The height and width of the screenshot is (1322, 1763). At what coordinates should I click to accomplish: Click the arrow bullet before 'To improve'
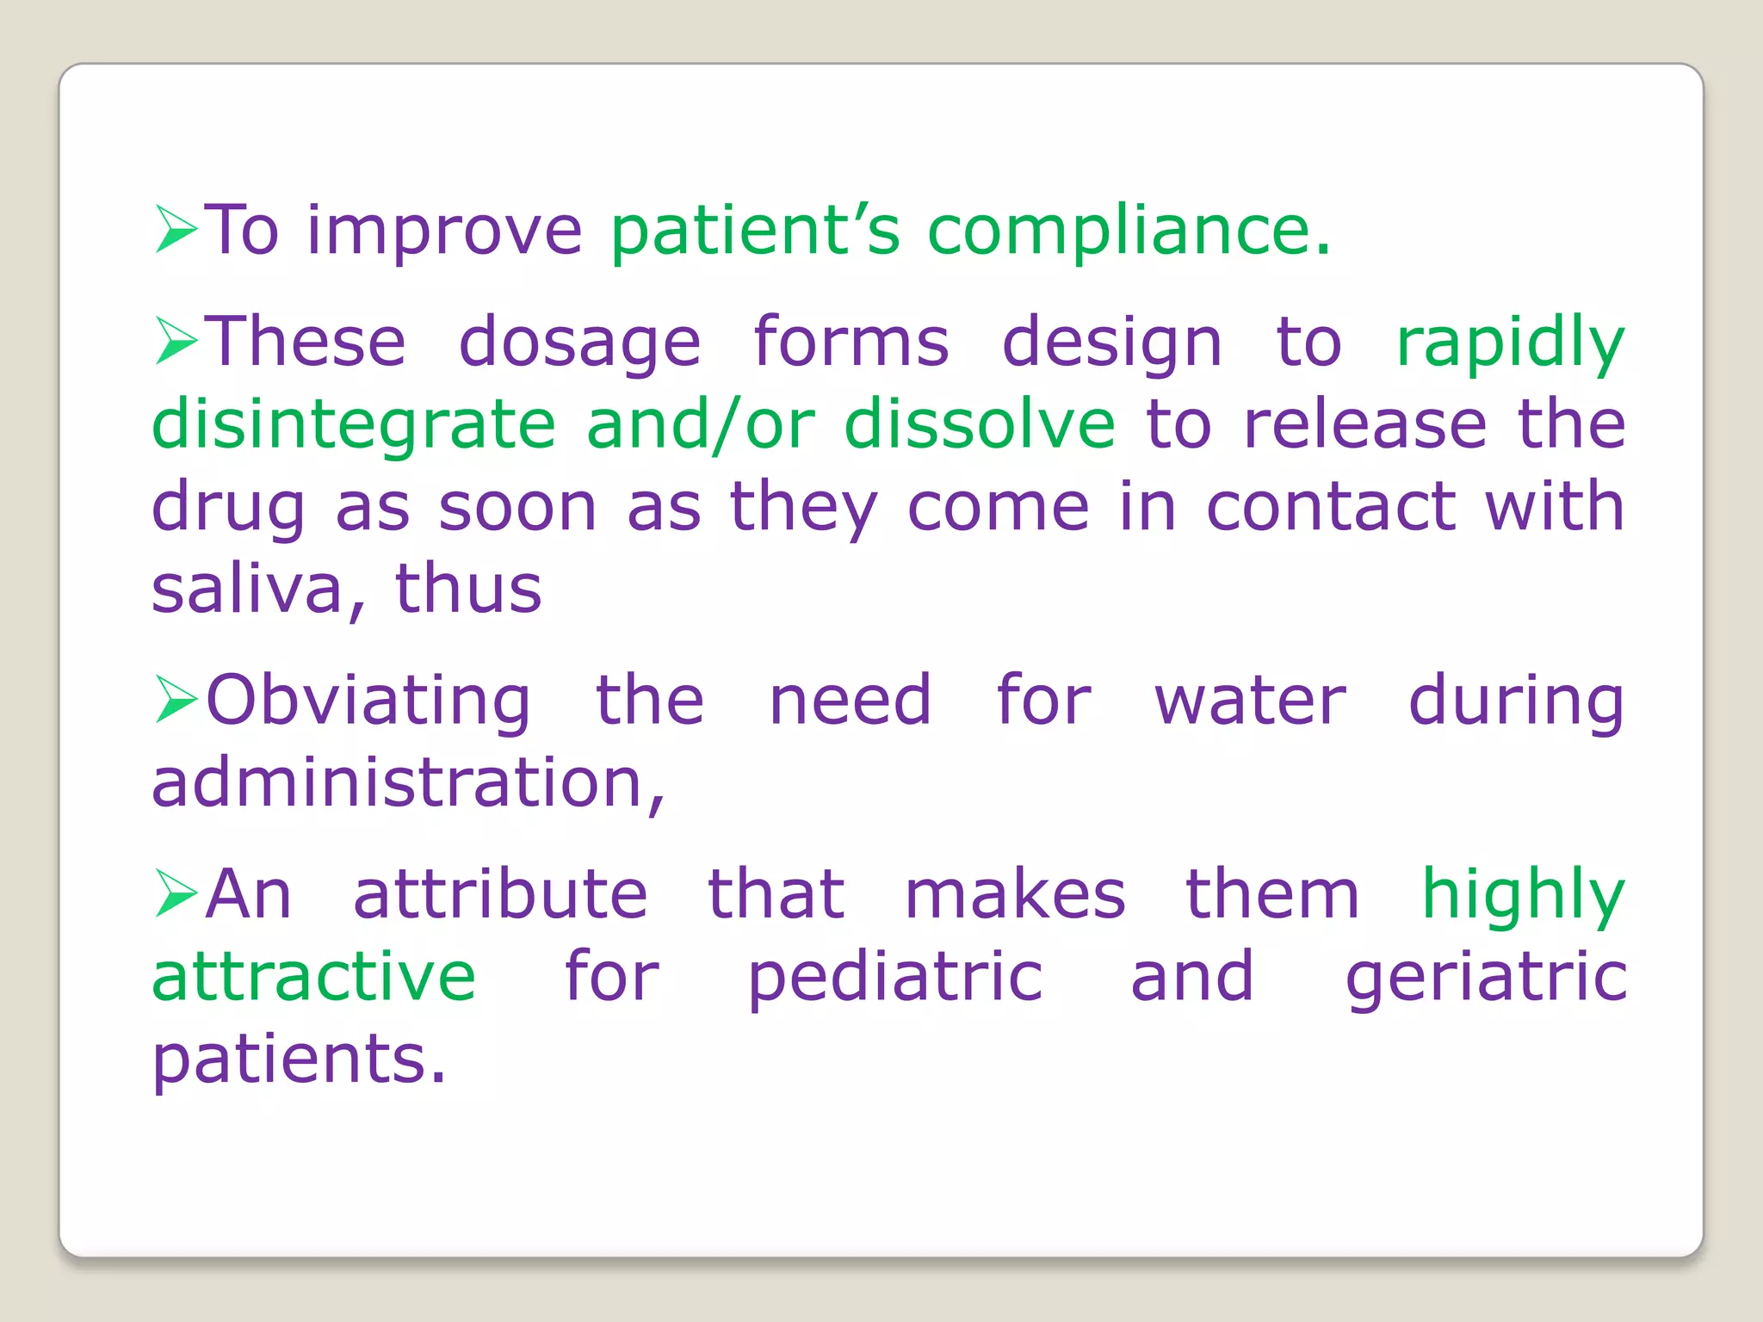tap(176, 230)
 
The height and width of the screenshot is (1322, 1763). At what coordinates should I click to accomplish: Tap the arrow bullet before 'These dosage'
tap(176, 341)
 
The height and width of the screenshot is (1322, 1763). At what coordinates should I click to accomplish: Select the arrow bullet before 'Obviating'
tap(176, 699)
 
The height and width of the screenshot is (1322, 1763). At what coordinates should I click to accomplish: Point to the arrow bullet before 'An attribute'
tap(176, 893)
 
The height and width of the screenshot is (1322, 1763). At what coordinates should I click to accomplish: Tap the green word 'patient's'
tap(755, 231)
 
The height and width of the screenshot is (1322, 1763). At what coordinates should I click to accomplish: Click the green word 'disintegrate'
tap(354, 425)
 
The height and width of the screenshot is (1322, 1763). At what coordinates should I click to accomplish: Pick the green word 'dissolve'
tap(979, 423)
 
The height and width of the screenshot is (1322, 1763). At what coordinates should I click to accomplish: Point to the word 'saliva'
tap(248, 590)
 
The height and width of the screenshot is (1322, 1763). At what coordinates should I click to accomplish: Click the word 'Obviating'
tap(368, 701)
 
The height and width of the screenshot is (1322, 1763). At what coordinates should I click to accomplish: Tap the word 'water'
tap(1250, 701)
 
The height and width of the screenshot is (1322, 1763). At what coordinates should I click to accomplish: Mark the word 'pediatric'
tap(895, 978)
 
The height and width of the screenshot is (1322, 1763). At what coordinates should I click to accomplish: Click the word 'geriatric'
tap(1486, 978)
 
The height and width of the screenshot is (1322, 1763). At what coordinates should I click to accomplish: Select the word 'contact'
tap(1330, 506)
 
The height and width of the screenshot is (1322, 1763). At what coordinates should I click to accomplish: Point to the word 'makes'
tap(1015, 894)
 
